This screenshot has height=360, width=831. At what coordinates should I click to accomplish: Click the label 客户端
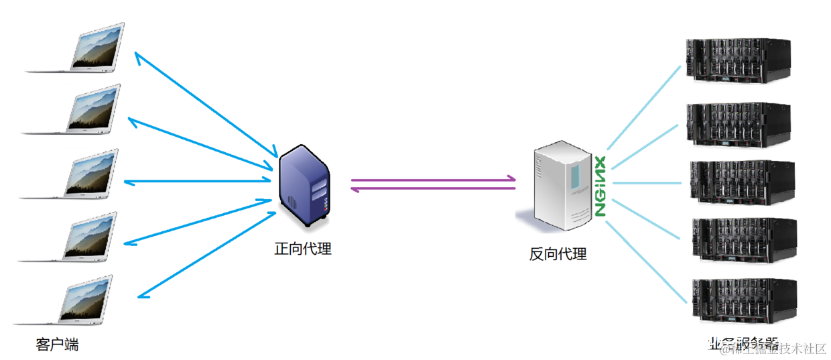click(x=57, y=345)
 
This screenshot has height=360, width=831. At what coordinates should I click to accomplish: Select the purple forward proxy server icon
click(x=304, y=184)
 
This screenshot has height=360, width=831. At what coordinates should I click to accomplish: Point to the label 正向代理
click(x=303, y=249)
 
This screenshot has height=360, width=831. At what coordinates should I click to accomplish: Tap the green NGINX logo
click(x=600, y=186)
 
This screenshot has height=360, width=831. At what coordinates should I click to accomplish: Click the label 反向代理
click(x=558, y=254)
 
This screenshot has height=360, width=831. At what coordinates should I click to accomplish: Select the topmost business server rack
click(x=737, y=61)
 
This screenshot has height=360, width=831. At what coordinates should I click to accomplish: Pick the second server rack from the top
click(x=737, y=124)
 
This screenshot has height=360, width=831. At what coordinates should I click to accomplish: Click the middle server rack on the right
click(x=741, y=182)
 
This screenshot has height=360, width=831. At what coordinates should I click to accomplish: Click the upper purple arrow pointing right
click(x=432, y=179)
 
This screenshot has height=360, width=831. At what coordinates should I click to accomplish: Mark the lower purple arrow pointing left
click(x=432, y=189)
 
